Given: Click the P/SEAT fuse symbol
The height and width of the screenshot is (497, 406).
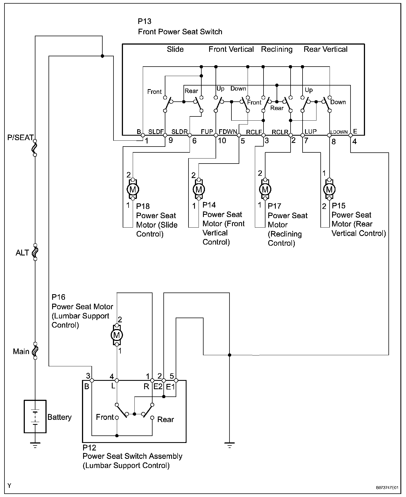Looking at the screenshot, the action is coord(35,148).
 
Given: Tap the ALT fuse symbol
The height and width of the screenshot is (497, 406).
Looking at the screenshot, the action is coord(35,252).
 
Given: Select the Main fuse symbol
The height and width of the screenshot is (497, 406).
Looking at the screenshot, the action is coord(35,351).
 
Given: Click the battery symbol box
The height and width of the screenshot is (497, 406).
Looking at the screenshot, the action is coord(35,416).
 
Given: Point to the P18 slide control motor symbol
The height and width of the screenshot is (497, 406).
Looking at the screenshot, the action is coord(133,189).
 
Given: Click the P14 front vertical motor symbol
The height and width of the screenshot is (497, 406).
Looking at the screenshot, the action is coord(199,189).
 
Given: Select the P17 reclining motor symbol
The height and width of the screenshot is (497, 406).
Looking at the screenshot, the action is coord(265,189).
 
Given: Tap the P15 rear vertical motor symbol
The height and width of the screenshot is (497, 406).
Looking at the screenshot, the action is coord(329,189).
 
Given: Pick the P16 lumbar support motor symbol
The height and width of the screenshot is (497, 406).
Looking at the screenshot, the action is coord(117,335).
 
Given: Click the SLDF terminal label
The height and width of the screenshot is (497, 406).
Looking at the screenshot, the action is coord(156,131).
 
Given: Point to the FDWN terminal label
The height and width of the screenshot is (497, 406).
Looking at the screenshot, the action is coord(228,131).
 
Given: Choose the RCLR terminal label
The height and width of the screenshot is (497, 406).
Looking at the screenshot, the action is coord(280,132).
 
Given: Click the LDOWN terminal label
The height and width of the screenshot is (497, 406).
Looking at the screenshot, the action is coord(339,132).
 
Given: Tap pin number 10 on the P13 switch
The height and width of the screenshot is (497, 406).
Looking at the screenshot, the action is coord(222,140).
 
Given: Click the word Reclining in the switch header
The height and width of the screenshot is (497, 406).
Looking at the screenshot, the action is coord(277,50).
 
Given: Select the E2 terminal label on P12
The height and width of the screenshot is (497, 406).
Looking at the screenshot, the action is coord(158,386).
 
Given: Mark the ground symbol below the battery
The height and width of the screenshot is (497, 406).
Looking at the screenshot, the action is coord(35,445).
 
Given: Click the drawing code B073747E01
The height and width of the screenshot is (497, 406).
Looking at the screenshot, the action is coord(387,488).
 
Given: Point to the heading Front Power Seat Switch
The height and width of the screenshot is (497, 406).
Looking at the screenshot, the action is coord(180,32).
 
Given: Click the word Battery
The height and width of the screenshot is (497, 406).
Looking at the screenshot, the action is coord(59,417).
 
